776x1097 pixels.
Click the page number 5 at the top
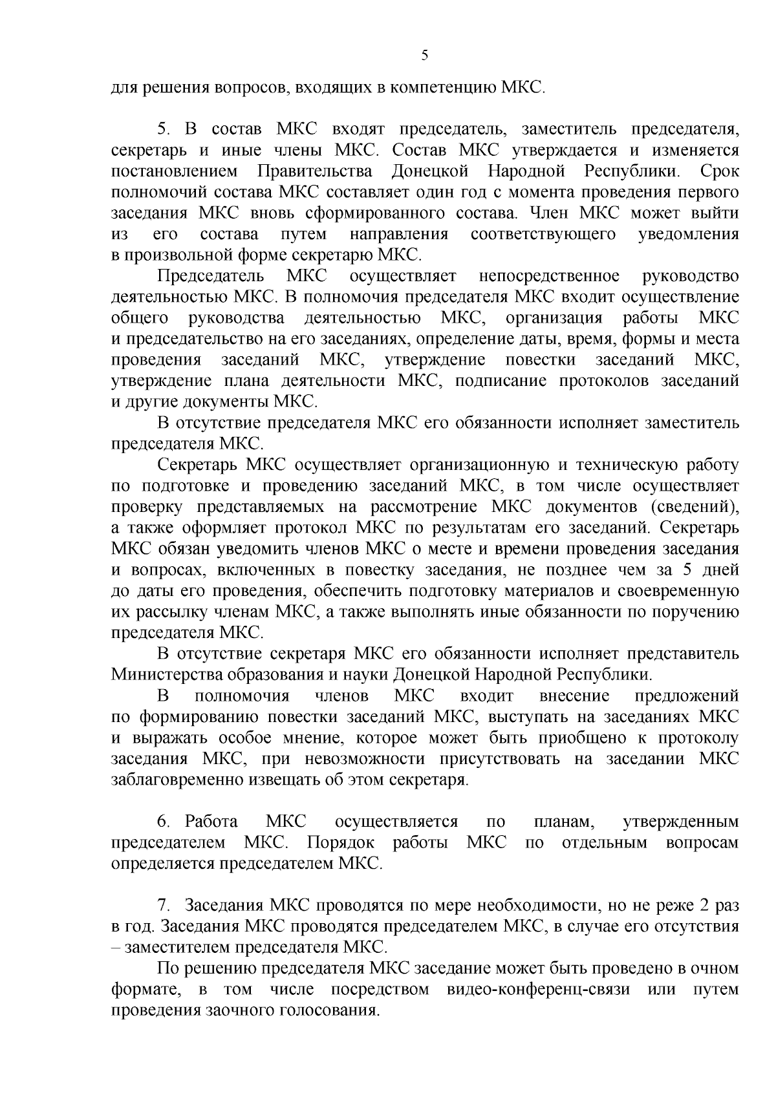tap(424, 55)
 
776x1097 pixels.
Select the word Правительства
tap(315, 171)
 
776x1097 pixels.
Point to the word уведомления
tap(688, 233)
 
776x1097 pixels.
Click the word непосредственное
tap(549, 276)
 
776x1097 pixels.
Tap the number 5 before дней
tap(687, 570)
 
